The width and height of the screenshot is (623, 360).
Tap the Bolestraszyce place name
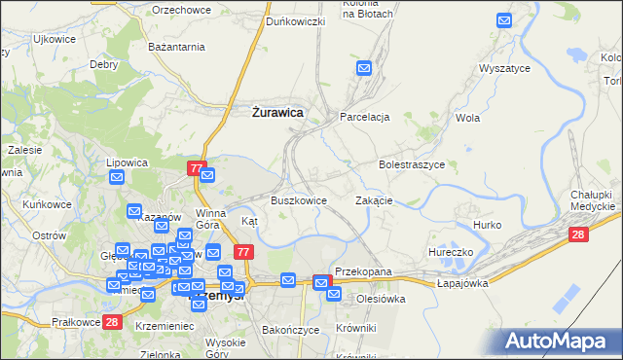coord(412,165)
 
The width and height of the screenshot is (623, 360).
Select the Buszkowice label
coord(298,200)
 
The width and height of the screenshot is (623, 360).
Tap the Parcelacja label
coord(365,117)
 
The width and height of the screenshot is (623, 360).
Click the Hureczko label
coord(450,252)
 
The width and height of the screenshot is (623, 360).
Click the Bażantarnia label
coord(175,46)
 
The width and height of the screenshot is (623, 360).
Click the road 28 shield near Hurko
coord(578,234)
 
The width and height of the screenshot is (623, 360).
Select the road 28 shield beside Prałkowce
coord(112,322)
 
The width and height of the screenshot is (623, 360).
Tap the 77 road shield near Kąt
coord(244,252)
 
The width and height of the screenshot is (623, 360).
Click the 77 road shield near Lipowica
coord(197,169)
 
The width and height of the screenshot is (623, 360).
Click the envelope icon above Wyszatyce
coord(504,19)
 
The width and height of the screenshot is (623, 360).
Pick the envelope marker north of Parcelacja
coord(364,68)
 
